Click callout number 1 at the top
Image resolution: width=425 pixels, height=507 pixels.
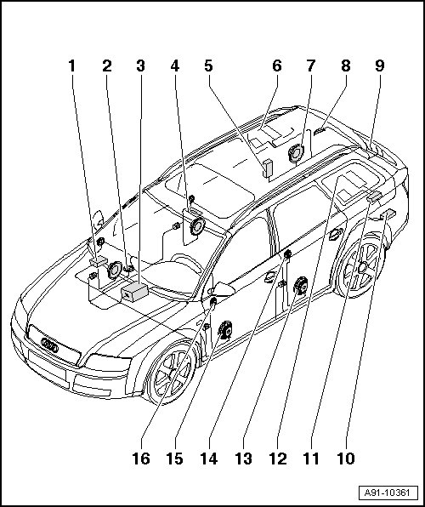(x=71, y=66)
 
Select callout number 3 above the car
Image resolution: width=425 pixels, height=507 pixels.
(x=140, y=66)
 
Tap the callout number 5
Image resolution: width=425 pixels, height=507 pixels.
(x=209, y=66)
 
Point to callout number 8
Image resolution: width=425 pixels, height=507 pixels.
(x=345, y=66)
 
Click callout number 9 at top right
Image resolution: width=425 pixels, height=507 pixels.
(x=380, y=66)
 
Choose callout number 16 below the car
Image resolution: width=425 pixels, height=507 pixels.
(x=141, y=459)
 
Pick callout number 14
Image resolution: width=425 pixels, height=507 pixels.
(x=209, y=459)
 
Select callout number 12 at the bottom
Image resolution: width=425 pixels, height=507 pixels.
(x=278, y=459)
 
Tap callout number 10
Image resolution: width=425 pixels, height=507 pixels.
(x=346, y=459)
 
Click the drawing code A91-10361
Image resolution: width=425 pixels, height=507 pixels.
(x=388, y=493)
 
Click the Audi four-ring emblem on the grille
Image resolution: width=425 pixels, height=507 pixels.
(x=49, y=345)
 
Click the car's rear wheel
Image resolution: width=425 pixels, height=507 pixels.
(x=361, y=267)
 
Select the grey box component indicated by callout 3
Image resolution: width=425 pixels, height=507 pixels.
(x=134, y=292)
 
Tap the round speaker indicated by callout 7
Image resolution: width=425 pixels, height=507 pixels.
(x=296, y=153)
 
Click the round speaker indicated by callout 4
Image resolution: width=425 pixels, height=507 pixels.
(x=197, y=226)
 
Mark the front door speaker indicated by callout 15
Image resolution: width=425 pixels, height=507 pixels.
(x=225, y=330)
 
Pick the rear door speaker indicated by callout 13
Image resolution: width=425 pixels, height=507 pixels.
(x=301, y=286)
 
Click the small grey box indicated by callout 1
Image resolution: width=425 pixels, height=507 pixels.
(x=99, y=261)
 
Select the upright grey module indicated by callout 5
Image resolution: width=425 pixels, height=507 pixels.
(x=268, y=168)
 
